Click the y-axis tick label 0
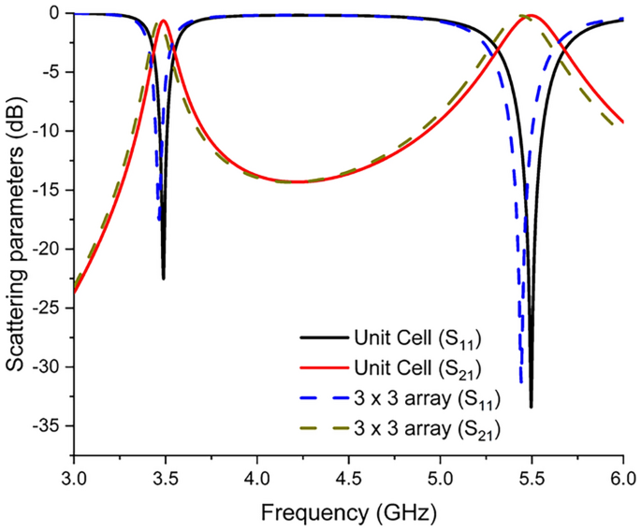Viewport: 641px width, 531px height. coord(56,13)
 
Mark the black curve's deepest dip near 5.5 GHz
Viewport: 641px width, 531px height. coord(531,407)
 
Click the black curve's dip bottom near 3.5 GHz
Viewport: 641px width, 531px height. coord(164,279)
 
